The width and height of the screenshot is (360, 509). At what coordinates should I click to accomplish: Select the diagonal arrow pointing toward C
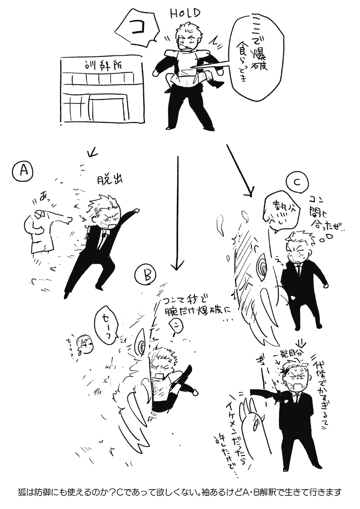[x=239, y=171]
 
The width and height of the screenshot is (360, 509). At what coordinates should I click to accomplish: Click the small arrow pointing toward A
[x=93, y=153]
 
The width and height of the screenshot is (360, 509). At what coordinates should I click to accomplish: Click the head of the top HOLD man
[x=187, y=40]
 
